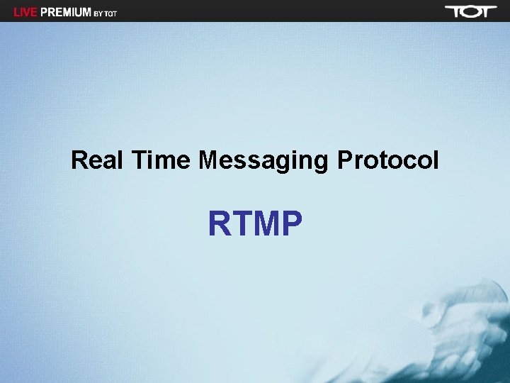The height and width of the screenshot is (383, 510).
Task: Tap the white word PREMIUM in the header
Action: click(66, 12)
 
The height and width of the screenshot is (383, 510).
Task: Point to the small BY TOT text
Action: click(105, 13)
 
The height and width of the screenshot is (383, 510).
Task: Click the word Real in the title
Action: click(94, 160)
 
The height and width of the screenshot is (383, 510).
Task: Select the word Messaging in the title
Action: click(263, 162)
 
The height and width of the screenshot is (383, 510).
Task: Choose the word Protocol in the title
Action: click(387, 160)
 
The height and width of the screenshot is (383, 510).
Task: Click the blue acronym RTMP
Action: click(255, 224)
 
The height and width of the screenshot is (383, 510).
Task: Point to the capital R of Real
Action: click(79, 160)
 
